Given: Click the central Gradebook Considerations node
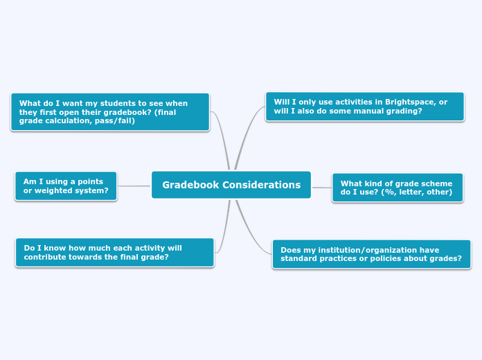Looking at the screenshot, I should point(231,185).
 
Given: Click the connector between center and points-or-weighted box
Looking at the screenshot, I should point(134,186).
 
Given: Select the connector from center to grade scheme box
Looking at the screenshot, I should point(321,187).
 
